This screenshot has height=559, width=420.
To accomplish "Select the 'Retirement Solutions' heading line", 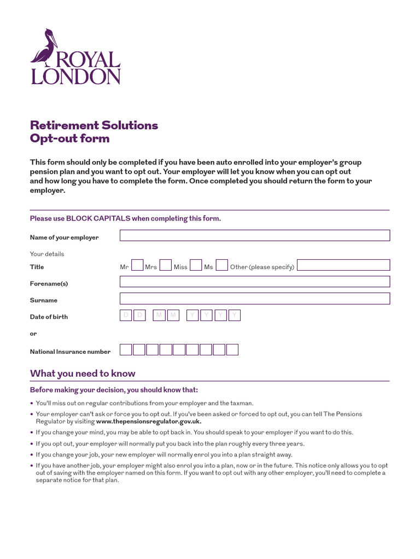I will coord(94,125).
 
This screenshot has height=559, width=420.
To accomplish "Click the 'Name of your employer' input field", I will coord(255,235).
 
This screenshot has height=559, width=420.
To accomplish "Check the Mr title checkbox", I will coord(138,265).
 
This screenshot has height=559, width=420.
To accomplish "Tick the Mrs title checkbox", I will coord(166,265).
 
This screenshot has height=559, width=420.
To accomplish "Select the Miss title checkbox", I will coord(196,265).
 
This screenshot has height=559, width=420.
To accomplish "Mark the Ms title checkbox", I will coord(221,265).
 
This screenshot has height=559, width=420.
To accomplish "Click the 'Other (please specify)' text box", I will coord(343,265).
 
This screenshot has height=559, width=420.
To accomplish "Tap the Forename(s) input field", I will coord(255,282).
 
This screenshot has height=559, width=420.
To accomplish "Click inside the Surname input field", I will coord(255,299).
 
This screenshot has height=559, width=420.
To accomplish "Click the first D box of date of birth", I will coord(126,316).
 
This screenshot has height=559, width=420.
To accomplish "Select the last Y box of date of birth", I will coord(235,316).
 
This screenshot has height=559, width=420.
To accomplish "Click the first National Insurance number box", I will coord(126,350).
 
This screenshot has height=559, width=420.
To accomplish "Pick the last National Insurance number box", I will coord(232,350).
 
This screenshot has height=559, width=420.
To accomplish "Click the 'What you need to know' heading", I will coord(83,373).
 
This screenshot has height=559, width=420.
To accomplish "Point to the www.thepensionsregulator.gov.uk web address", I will coord(149,421).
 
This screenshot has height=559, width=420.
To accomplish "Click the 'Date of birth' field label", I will coord(49,317).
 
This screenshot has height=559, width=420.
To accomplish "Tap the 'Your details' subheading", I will coord(46,254).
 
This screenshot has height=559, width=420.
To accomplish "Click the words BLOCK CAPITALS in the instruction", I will coord(98,218).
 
